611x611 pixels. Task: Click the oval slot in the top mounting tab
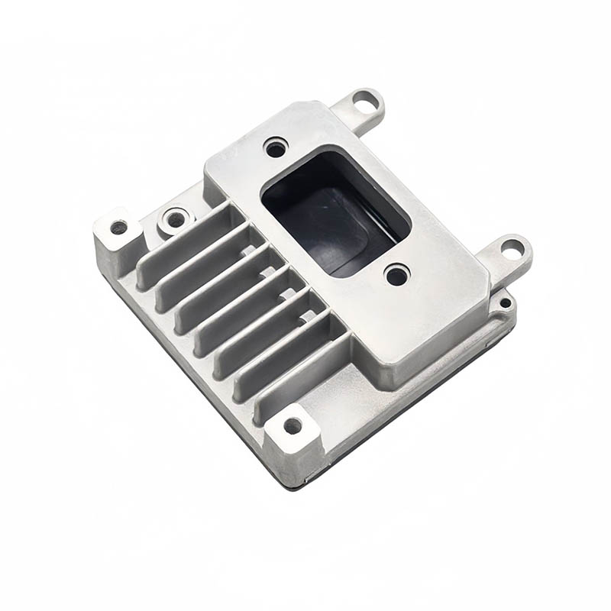click(x=366, y=99)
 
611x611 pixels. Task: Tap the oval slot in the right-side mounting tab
click(x=512, y=247)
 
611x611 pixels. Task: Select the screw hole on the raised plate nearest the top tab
click(x=275, y=147)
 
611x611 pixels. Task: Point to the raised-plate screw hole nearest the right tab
click(x=396, y=275)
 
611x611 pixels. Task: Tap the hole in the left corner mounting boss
click(x=118, y=227)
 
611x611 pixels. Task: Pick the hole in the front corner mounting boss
click(x=293, y=425)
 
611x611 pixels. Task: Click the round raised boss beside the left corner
click(x=176, y=219)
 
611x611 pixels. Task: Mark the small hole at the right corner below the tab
click(x=505, y=303)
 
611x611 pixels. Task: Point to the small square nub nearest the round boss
click(x=248, y=250)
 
